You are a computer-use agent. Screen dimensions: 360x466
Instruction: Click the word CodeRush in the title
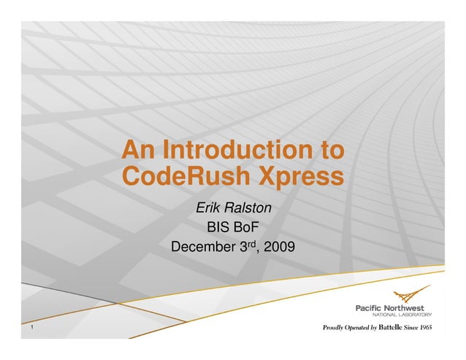click(175, 177)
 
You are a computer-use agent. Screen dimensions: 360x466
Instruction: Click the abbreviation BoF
click(247, 228)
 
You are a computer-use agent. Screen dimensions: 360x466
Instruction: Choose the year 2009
click(280, 247)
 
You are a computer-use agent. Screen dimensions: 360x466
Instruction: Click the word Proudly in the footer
click(335, 329)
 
